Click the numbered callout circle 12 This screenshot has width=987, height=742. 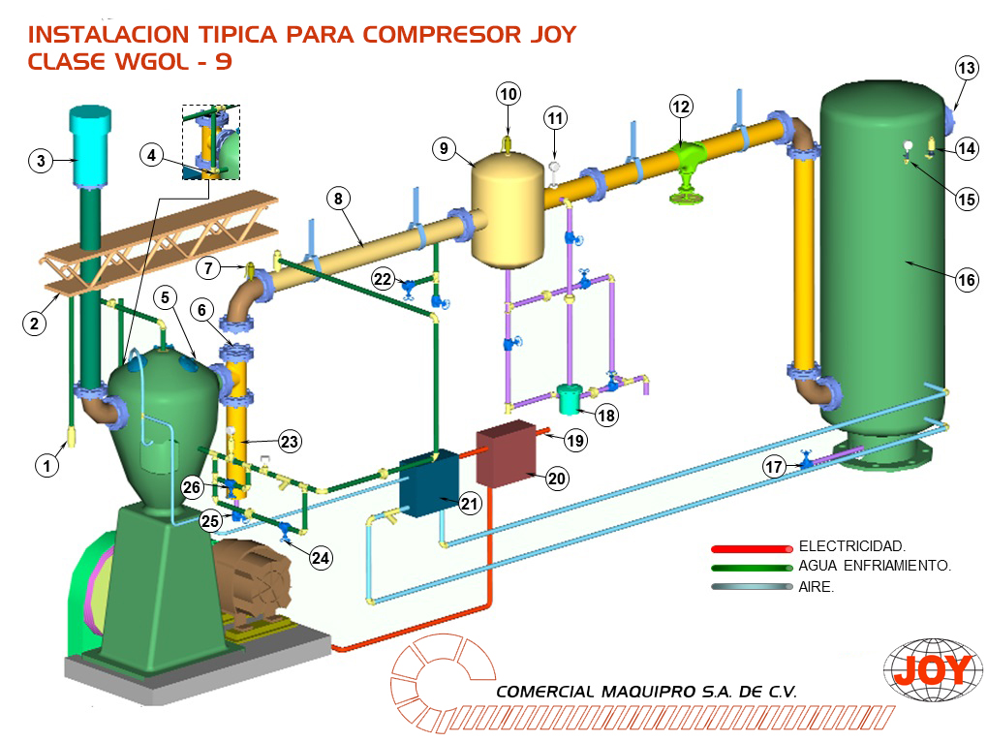tap(681, 106)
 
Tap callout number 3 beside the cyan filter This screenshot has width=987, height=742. tap(40, 161)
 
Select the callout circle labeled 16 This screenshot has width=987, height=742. tap(966, 280)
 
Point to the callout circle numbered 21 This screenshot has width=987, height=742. tap(470, 503)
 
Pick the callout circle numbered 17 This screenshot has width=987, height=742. tap(773, 467)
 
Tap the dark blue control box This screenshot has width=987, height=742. tap(429, 481)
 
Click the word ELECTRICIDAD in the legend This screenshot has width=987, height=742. tap(851, 547)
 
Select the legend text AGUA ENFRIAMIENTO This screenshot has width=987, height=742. tap(874, 567)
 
